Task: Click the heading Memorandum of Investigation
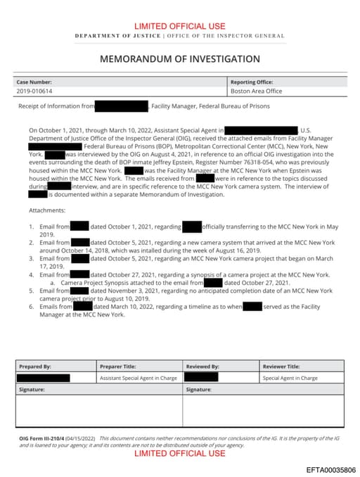(179, 59)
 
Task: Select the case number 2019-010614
(34, 91)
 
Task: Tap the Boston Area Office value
(256, 91)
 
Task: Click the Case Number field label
(34, 82)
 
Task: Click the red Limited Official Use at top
(179, 25)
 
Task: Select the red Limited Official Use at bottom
(179, 454)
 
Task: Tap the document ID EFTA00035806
(330, 469)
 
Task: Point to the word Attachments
(47, 210)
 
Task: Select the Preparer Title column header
(122, 367)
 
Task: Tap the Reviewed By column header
(202, 367)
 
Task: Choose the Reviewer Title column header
(281, 367)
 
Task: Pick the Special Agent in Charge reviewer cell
(290, 378)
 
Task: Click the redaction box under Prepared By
(44, 378)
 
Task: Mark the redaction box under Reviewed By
(201, 378)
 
